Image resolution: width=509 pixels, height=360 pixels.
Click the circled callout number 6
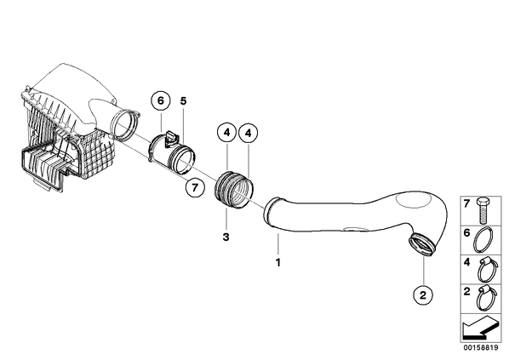161,101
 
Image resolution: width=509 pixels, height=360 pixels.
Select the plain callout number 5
183,101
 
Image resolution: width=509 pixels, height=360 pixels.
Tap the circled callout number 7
195,187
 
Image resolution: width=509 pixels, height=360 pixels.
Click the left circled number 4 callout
227,133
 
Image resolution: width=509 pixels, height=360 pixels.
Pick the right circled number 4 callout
249,134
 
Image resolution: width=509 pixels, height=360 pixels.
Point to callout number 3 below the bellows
226,237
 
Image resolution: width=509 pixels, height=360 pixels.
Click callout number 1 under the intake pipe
277,262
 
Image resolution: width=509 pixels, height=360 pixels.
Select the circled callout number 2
423,295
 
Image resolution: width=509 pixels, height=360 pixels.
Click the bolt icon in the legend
483,211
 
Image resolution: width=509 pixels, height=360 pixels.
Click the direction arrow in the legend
479,329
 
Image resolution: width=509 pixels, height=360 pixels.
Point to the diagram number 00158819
481,348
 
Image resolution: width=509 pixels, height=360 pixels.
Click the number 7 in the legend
466,204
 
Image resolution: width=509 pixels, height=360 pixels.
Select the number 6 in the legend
466,232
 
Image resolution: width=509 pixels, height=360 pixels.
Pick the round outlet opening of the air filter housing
123,124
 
